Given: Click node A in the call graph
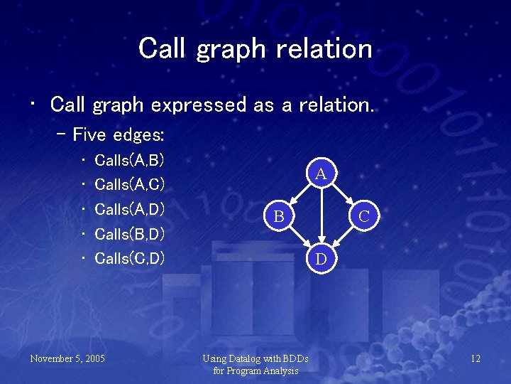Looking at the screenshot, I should point(321,173).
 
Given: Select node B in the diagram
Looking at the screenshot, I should point(280,215).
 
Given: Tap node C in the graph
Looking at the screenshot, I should point(363,215).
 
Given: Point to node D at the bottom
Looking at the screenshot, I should point(321,259).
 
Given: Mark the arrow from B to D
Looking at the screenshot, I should point(300,237).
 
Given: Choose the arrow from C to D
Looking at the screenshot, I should point(343,237).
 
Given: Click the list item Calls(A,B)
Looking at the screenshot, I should point(129,159).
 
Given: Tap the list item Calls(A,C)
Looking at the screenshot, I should point(129,184).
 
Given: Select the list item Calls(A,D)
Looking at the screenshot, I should point(129,209).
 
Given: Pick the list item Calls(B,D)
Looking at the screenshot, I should point(129,233).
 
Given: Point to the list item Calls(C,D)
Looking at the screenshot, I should point(129,257).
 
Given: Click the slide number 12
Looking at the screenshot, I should point(475,358).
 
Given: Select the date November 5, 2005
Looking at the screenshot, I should point(67,358).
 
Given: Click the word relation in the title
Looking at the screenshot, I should point(329,48).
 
